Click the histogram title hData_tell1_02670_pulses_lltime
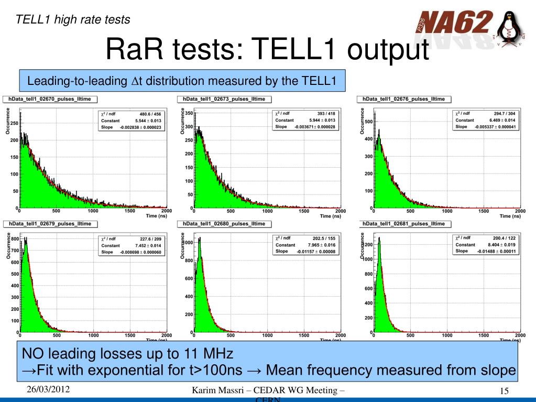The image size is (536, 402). click(50, 99)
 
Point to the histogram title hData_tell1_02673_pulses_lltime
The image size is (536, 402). click(224, 99)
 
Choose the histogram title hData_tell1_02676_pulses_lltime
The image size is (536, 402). click(403, 99)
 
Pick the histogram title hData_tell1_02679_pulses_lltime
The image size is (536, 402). click(50, 224)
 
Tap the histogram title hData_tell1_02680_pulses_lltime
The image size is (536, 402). click(224, 224)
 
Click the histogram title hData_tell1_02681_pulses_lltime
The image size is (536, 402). click(403, 224)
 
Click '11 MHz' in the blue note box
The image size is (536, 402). click(208, 353)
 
